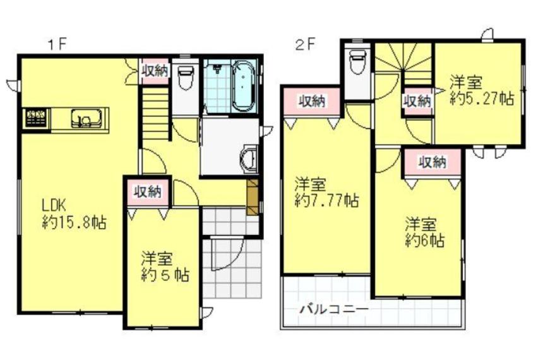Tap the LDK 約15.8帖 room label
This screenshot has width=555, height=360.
[x=74, y=213]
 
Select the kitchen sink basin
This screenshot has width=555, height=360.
[x=87, y=118]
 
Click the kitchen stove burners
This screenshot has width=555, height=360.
[x=36, y=118]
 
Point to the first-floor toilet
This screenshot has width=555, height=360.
[x=186, y=78]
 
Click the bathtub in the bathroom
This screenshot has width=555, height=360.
[x=244, y=85]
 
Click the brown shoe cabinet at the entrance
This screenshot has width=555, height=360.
[x=253, y=197]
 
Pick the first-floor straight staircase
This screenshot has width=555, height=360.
[x=155, y=113]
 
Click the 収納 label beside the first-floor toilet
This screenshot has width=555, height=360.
[x=155, y=71]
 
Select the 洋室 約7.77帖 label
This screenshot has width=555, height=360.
[x=326, y=193]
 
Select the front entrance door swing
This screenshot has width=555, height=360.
[x=225, y=255]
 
